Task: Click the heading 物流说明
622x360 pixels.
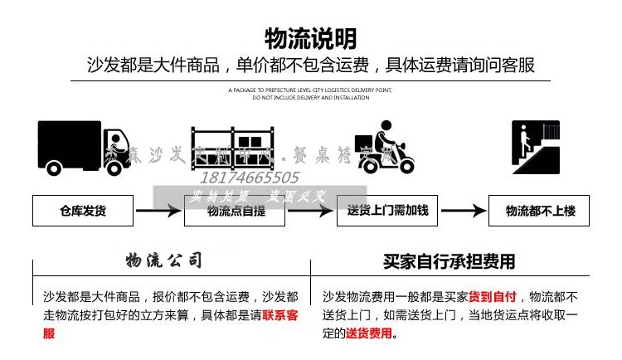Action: [x=311, y=38]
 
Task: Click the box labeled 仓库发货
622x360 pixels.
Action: [x=82, y=211]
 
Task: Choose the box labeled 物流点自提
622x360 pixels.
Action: [x=234, y=211]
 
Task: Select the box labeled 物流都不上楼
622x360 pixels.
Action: [x=539, y=211]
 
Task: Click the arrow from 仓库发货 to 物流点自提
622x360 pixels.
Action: [x=158, y=211]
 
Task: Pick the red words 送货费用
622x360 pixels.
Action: [x=369, y=334]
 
